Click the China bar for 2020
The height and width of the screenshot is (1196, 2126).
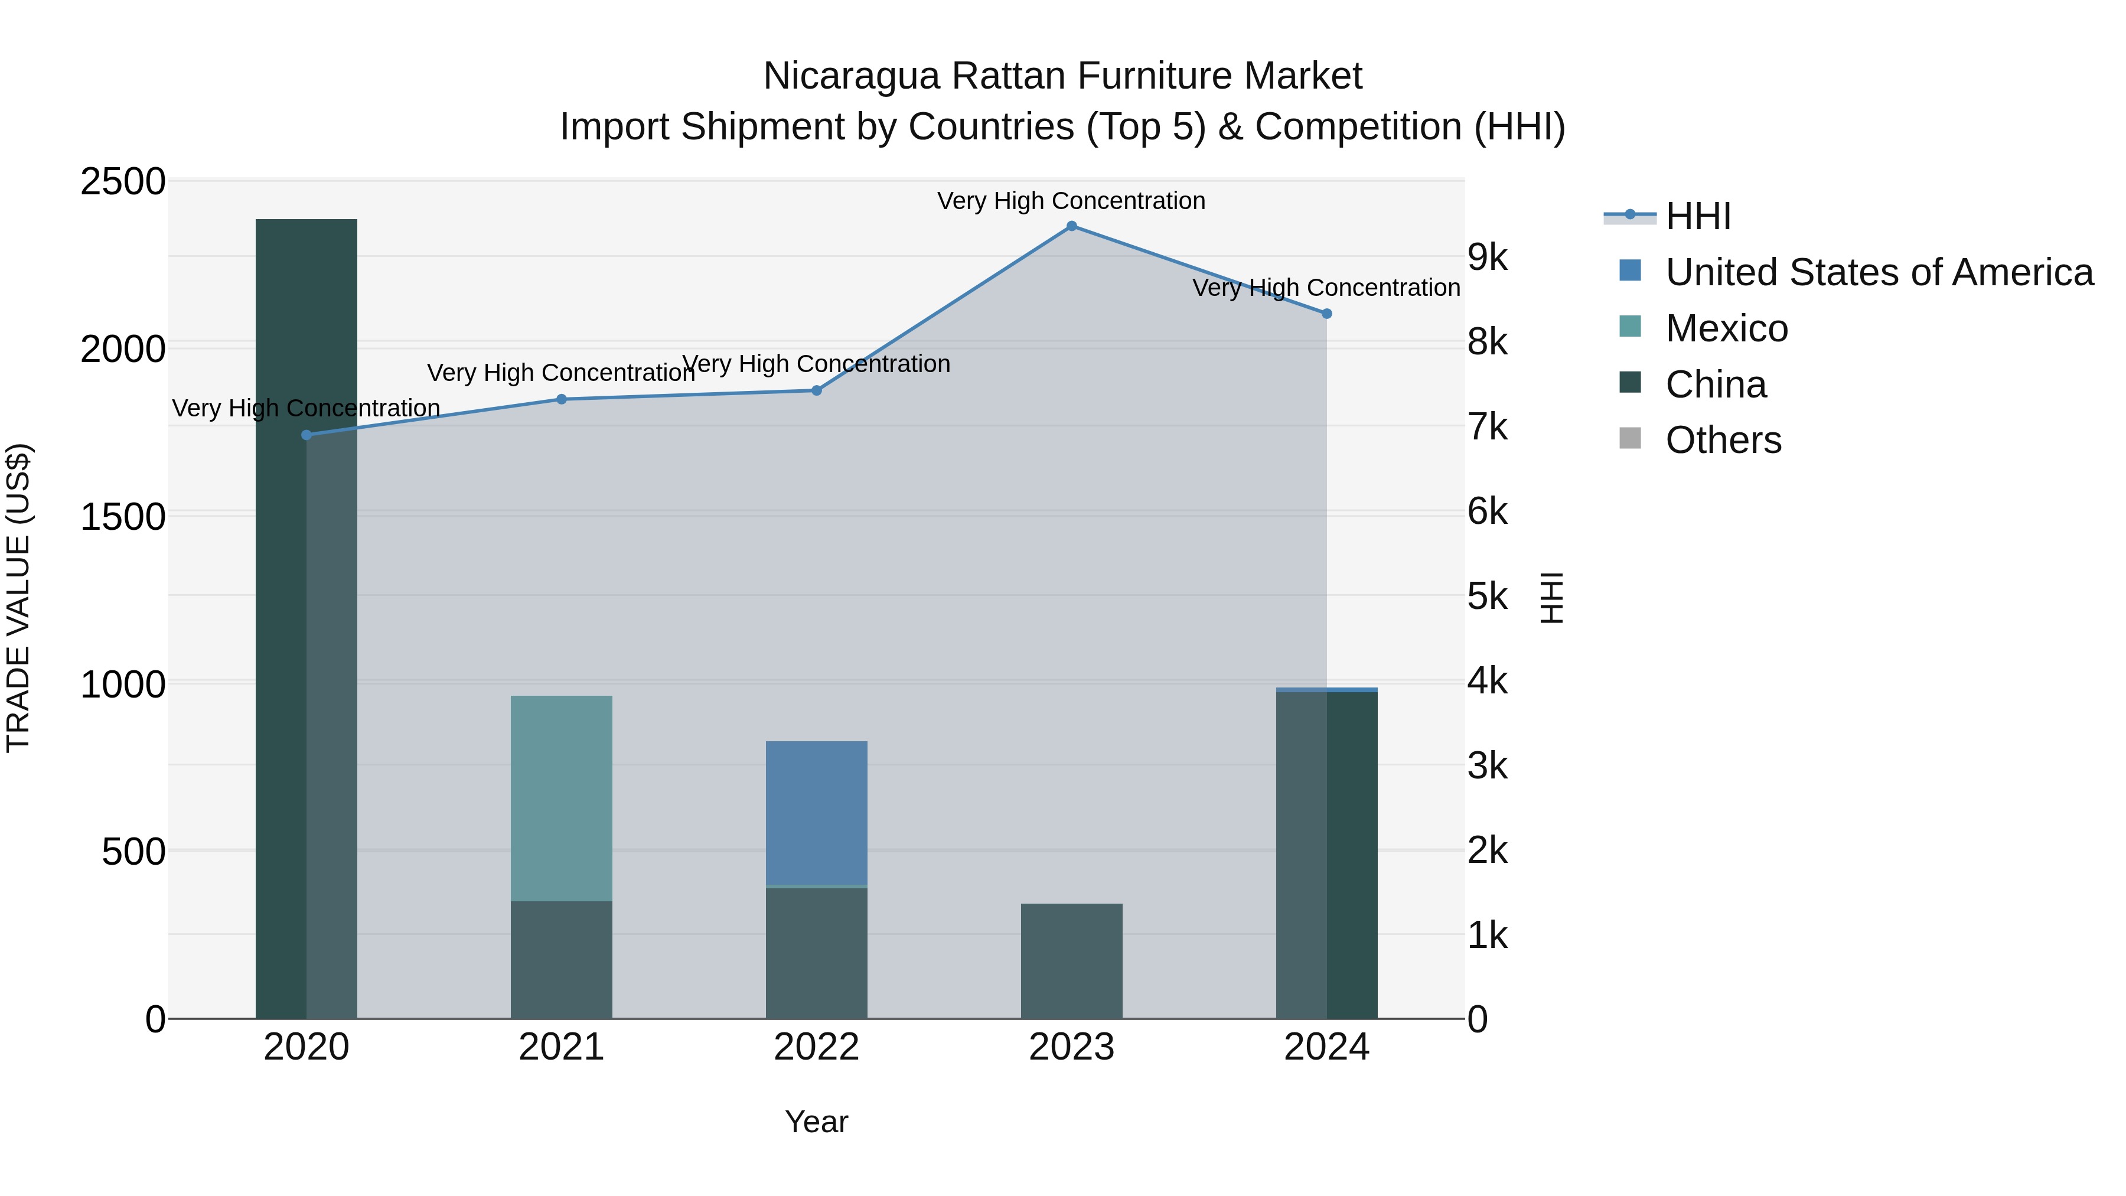(x=306, y=619)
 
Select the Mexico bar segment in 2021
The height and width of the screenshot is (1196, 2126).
(x=561, y=797)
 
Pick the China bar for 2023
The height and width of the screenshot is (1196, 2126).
(x=1071, y=961)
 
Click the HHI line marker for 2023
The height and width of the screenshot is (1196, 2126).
(x=1071, y=226)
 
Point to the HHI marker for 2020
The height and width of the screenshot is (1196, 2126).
(x=306, y=435)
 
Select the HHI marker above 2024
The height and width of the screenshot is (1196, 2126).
(x=1326, y=314)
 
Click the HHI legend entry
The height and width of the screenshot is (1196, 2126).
(x=1698, y=216)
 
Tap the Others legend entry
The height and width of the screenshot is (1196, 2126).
(x=1723, y=440)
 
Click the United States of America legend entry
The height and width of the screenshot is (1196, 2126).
(x=1879, y=272)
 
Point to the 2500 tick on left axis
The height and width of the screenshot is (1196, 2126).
(x=123, y=181)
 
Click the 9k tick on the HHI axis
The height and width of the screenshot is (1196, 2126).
(x=1487, y=258)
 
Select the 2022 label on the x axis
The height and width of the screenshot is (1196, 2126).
(x=816, y=1047)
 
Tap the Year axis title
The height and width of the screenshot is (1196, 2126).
(x=816, y=1122)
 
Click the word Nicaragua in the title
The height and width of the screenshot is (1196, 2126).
(x=851, y=76)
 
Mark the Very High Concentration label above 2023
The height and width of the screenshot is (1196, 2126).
(x=1071, y=201)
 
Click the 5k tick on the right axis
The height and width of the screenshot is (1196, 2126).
(x=1487, y=596)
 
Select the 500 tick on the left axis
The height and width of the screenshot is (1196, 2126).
(x=133, y=852)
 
